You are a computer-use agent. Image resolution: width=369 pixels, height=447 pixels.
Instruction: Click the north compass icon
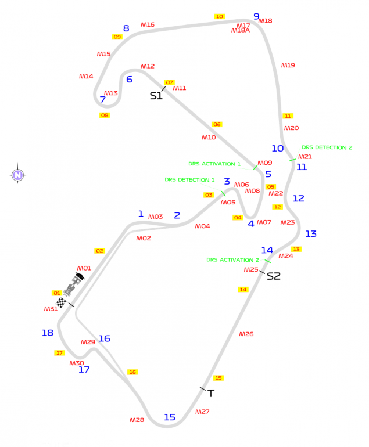pyautogui.click(x=17, y=174)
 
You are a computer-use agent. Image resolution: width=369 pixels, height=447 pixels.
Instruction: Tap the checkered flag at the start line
pyautogui.click(x=61, y=302)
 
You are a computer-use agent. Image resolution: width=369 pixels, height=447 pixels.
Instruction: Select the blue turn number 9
pyautogui.click(x=256, y=16)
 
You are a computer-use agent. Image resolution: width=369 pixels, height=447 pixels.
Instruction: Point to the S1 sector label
pyautogui.click(x=156, y=96)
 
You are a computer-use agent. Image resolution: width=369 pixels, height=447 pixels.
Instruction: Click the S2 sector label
pyautogui.click(x=274, y=276)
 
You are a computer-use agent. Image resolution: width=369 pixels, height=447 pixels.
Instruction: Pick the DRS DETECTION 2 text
pyautogui.click(x=327, y=147)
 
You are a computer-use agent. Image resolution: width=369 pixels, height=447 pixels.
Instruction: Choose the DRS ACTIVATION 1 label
pyautogui.click(x=214, y=164)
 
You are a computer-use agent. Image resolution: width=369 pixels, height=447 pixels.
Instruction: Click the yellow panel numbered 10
pyautogui.click(x=220, y=16)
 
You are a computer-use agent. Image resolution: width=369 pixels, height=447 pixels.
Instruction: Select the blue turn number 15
pyautogui.click(x=170, y=417)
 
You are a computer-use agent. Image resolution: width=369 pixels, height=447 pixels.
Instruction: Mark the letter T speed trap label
pyautogui.click(x=211, y=394)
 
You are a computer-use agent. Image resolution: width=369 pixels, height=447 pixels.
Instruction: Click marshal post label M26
pyautogui.click(x=246, y=334)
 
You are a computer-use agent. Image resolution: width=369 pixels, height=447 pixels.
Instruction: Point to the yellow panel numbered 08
pyautogui.click(x=105, y=115)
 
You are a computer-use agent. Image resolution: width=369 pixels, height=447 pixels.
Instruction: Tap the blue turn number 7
pyautogui.click(x=103, y=99)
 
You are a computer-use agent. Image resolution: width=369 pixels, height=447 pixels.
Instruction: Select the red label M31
pyautogui.click(x=51, y=309)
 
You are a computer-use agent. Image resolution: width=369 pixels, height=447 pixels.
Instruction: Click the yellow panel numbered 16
pyautogui.click(x=132, y=372)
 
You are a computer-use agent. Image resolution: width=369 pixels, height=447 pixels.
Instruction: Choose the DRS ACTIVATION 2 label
pyautogui.click(x=232, y=260)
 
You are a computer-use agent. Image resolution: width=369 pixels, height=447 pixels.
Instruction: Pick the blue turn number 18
pyautogui.click(x=48, y=333)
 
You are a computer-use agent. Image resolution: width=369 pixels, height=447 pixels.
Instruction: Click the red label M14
pyautogui.click(x=86, y=76)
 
